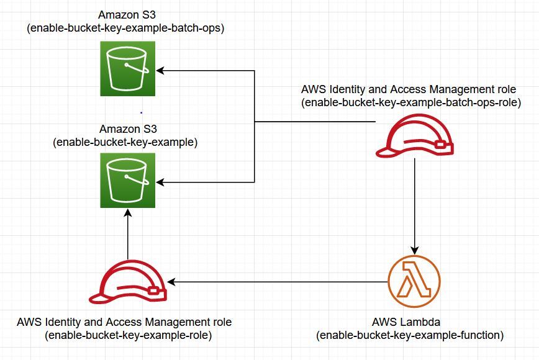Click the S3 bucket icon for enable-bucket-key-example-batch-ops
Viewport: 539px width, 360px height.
point(128,69)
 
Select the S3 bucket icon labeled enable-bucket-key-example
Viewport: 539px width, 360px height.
point(128,181)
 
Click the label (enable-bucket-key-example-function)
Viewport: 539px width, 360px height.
point(410,336)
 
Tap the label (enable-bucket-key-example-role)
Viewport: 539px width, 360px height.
point(128,336)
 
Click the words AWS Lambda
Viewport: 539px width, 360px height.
point(410,323)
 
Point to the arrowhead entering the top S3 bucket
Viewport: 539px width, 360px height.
point(160,70)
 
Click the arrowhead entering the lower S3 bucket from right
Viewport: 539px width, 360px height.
point(160,182)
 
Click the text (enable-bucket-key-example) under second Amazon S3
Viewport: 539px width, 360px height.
point(126,142)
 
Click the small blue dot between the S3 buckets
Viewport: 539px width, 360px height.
point(141,112)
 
